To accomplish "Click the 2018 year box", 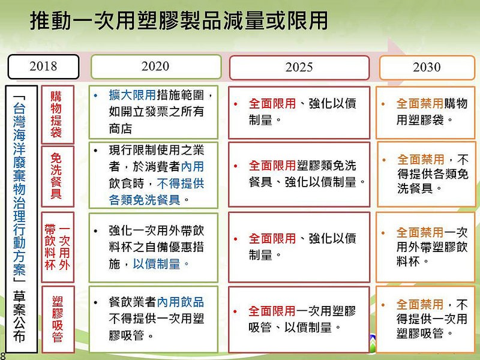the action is tap(43, 67).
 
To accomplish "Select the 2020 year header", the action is tap(156, 67).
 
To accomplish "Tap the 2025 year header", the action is tap(299, 67).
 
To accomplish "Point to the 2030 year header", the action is tap(427, 67).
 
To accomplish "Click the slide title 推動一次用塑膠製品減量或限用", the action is tap(179, 21).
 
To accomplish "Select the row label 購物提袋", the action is tap(58, 115).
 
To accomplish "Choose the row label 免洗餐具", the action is tap(58, 176).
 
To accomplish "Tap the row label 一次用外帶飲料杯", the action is tap(58, 247).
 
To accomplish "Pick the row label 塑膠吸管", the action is tap(58, 319).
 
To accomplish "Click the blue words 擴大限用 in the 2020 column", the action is tap(132, 95).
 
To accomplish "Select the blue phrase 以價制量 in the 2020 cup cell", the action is tap(156, 264).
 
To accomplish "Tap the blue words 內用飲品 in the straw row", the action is tap(181, 302).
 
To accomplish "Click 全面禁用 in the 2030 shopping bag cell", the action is tap(419, 103).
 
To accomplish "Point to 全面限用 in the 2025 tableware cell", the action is tap(272, 166).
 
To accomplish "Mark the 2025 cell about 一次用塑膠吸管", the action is tap(299, 319).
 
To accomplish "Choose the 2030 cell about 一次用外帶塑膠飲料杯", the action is tap(425, 247).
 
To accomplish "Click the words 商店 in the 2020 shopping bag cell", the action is tap(121, 128).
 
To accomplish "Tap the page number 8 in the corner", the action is tap(2, 356).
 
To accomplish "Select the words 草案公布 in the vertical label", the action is tap(19, 317).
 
